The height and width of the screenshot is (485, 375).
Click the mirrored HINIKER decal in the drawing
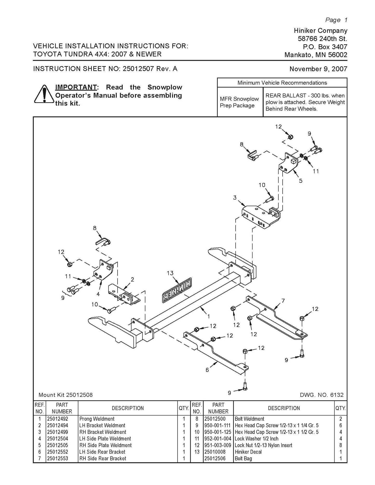point(177,290)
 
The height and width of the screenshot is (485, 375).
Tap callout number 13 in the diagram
point(170,273)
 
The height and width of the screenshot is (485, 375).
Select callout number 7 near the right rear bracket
point(283,301)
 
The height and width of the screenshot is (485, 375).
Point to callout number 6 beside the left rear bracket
point(207,370)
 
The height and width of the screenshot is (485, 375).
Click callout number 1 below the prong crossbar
point(208,316)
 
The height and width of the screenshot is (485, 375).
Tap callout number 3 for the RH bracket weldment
point(235,198)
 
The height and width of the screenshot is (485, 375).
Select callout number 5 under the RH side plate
point(301,181)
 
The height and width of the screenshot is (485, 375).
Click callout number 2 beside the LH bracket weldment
point(133,279)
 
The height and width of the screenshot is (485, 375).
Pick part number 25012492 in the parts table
point(58,419)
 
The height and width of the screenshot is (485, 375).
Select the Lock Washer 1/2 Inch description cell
point(256,439)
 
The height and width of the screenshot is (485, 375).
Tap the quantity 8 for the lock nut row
point(340,445)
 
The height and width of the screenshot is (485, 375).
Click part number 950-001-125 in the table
point(218,432)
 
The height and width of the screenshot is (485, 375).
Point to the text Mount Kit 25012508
point(65,395)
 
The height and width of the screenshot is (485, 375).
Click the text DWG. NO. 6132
point(322,395)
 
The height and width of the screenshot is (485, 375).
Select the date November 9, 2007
point(318,69)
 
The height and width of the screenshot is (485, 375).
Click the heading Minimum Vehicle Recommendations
point(282,83)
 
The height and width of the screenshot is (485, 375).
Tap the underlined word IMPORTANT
point(76,87)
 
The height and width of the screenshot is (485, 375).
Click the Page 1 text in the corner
point(336,20)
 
